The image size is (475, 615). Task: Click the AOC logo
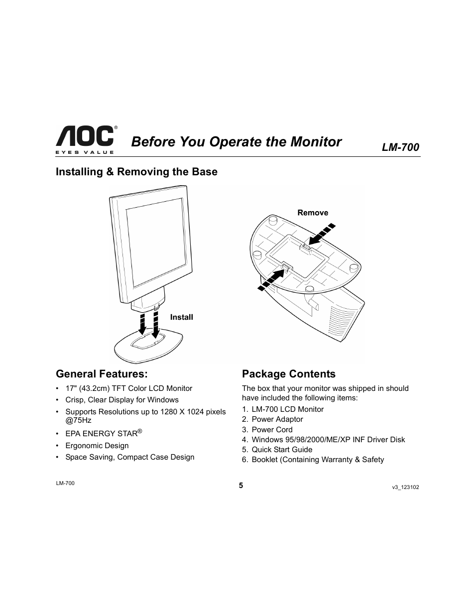(x=85, y=138)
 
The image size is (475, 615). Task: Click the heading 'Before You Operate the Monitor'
(x=237, y=142)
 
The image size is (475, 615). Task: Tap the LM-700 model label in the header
(x=400, y=147)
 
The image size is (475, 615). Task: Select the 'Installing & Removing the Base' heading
(x=136, y=172)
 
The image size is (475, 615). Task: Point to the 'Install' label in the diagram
(x=181, y=317)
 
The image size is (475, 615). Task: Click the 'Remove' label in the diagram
(x=313, y=213)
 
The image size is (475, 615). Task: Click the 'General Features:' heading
(x=102, y=373)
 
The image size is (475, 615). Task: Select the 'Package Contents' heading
(x=289, y=374)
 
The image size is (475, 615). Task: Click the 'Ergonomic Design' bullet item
(x=97, y=446)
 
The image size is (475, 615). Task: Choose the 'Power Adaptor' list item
(x=277, y=419)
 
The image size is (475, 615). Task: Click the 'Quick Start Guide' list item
(x=282, y=450)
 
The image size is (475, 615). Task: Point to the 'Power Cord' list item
(x=272, y=430)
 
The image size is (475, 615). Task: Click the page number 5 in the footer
(x=240, y=486)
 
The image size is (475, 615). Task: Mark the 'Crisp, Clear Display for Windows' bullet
(x=121, y=400)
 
